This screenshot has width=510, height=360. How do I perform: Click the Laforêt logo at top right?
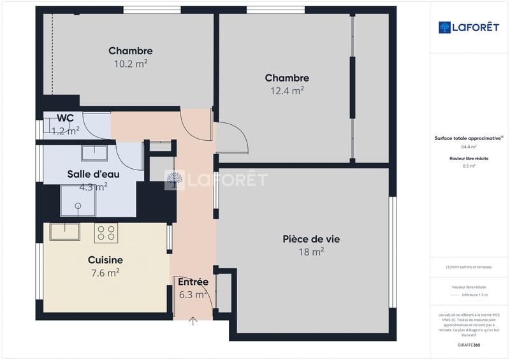pos(469,27)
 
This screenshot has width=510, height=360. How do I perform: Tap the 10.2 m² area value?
pos(130,63)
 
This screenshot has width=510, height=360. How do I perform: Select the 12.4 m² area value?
pos(287,90)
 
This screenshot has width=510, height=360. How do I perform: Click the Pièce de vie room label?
pos(311,239)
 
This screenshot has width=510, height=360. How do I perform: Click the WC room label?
pos(65,118)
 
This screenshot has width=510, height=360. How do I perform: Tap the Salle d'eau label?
pos(93,174)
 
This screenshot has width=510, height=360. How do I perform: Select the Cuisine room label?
pos(105,260)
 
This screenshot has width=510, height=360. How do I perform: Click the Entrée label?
pos(193,282)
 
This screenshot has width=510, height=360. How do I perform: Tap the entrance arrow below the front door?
pos(193,321)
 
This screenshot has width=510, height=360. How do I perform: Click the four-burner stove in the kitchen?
pos(105,233)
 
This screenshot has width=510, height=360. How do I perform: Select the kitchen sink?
pos(64,231)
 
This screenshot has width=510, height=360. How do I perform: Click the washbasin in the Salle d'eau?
pos(94,153)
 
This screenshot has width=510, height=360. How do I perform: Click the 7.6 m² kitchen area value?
pos(105,272)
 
